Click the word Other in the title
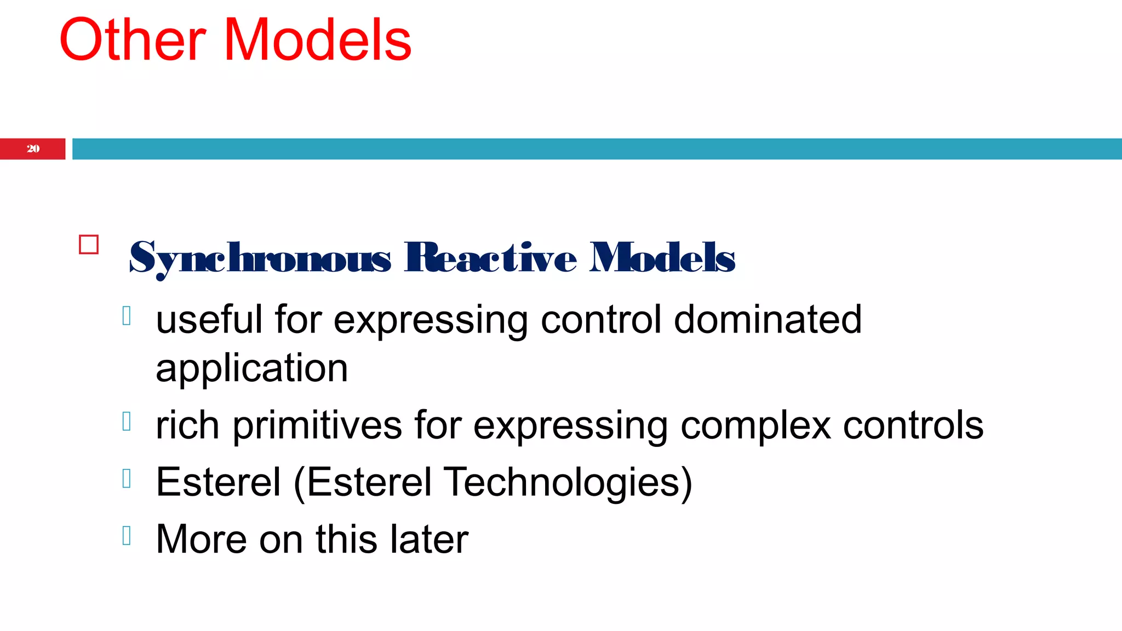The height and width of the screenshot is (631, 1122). point(132,41)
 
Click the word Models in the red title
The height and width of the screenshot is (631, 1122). point(318,41)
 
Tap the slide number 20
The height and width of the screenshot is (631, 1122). point(33,149)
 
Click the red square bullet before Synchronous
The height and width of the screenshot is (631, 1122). point(89,244)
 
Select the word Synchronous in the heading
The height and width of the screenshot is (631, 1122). point(260,257)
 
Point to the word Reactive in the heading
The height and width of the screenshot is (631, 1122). point(490,257)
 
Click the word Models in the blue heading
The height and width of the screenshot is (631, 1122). point(662,257)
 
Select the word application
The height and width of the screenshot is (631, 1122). point(251,369)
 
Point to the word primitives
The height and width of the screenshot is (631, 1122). point(317,426)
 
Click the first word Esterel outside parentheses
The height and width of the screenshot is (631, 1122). point(218,482)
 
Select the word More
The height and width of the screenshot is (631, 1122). point(201,540)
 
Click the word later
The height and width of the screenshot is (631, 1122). point(429,540)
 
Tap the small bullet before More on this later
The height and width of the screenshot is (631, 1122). point(127,536)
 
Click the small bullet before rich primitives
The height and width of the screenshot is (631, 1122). point(127,421)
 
